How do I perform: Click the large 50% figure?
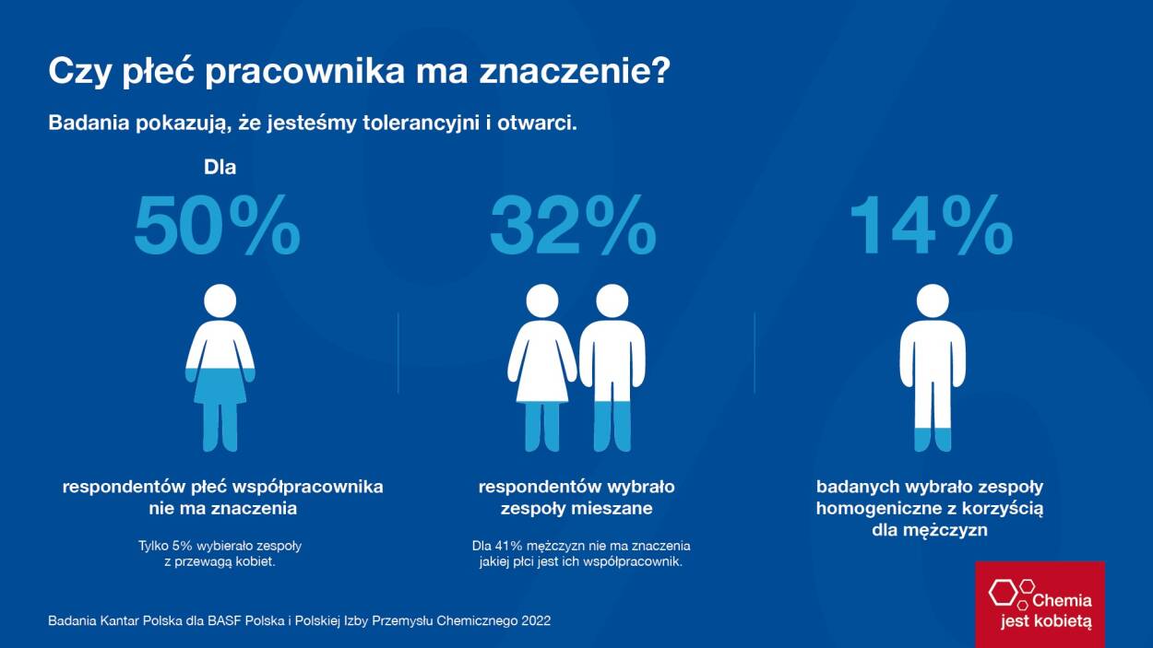pyautogui.click(x=217, y=226)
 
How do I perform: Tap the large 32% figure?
pyautogui.click(x=572, y=226)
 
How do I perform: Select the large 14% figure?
pyautogui.click(x=930, y=226)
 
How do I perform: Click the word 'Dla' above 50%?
pyautogui.click(x=220, y=168)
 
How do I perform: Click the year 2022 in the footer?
pyautogui.click(x=535, y=621)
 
